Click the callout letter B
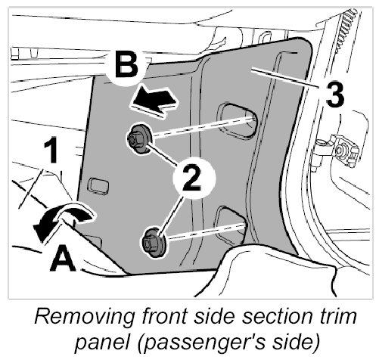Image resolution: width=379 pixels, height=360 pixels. point(126,65)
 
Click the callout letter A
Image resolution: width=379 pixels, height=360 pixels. point(63,259)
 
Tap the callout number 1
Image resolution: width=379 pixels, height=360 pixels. point(51,151)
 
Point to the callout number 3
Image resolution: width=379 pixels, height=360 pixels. point(334,95)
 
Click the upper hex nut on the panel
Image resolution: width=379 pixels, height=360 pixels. point(138,138)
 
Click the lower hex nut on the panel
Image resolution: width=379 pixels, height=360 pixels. point(154,243)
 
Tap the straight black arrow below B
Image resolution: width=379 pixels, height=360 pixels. point(154,101)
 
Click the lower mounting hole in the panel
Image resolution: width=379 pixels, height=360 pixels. point(230,225)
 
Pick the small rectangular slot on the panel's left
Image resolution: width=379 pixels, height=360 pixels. point(98,187)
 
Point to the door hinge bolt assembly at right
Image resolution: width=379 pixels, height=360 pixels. point(339,151)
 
